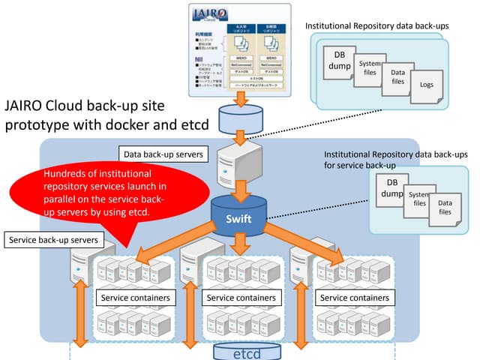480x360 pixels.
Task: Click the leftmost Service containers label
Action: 135,298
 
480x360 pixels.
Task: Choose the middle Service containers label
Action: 241,298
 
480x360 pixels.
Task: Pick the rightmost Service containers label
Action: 355,298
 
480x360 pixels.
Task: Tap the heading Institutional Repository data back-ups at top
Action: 377,26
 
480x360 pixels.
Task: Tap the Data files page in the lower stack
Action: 445,208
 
